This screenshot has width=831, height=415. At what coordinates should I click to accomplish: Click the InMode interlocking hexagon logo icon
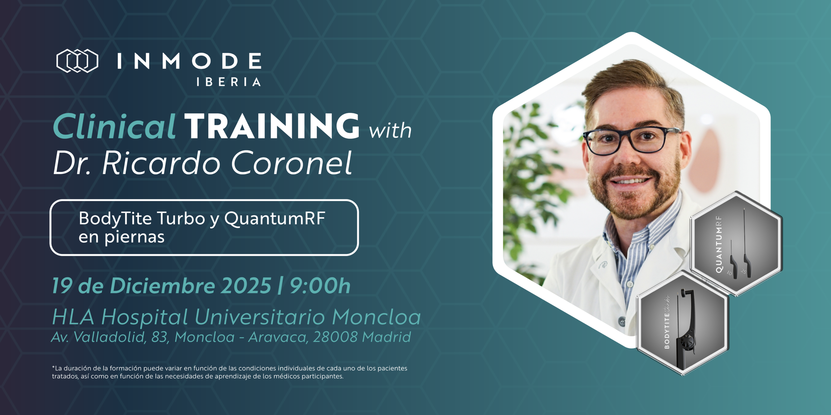click(77, 61)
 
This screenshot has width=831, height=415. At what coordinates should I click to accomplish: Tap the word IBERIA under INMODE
click(229, 82)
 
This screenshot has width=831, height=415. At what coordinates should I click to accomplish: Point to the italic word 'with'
click(390, 130)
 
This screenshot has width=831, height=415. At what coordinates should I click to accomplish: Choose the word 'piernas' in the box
click(134, 237)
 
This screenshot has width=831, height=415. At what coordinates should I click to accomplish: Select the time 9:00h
click(320, 286)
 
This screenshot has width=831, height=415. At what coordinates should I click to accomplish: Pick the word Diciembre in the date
click(163, 286)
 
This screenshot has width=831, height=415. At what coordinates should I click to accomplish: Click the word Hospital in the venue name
click(144, 317)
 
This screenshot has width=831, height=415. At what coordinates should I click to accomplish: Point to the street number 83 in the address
click(160, 338)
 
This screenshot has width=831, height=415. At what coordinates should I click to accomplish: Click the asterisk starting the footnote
click(53, 367)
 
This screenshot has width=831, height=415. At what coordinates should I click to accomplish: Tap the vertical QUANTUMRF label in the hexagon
click(719, 244)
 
